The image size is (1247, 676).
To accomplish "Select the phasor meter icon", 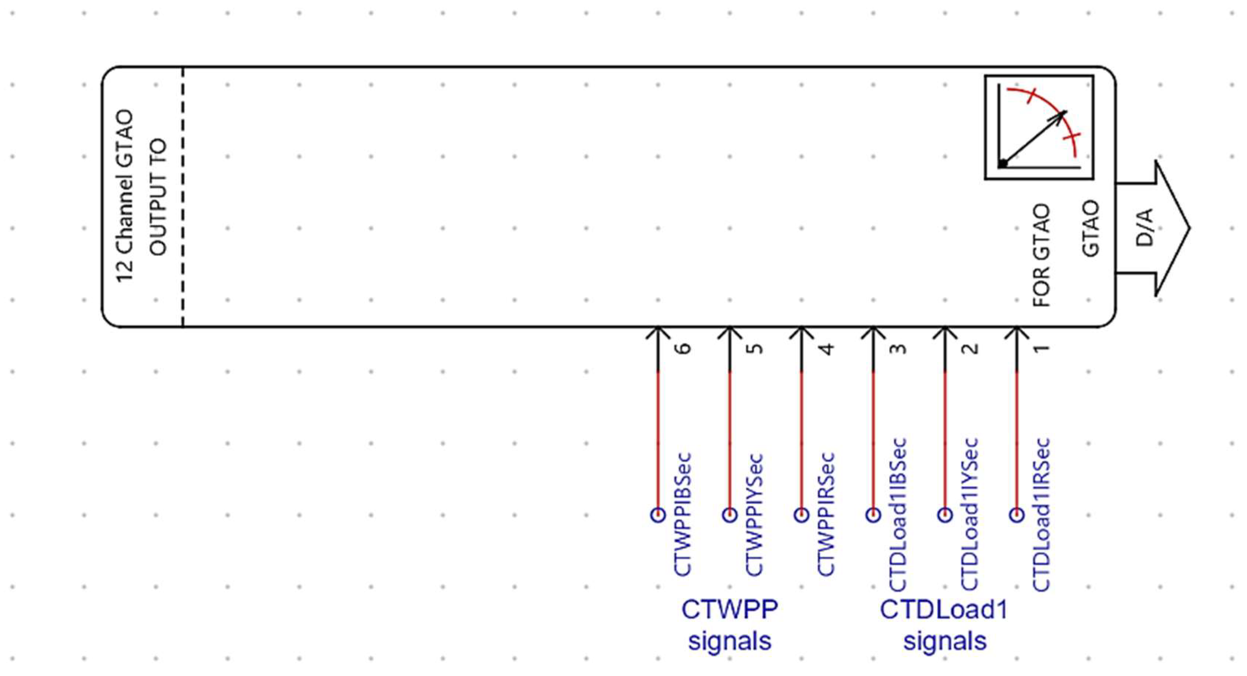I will click(1039, 127).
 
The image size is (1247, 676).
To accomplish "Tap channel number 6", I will click(684, 349).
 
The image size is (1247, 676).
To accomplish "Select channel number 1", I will click(1042, 349).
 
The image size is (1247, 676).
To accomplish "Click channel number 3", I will click(899, 349).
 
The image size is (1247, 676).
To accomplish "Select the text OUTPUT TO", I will click(158, 197).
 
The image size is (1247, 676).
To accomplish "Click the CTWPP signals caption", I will click(730, 625).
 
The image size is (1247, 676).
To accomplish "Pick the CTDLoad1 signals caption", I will click(944, 625).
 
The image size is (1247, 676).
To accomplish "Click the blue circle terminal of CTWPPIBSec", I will click(658, 514).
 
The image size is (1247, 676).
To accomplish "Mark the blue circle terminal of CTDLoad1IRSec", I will click(1017, 514).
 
